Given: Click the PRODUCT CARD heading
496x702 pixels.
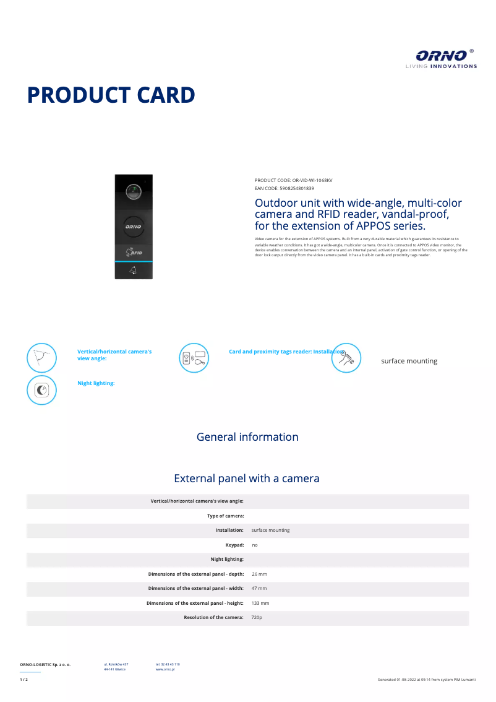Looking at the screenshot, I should (111, 95).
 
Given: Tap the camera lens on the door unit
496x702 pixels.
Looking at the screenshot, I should (133, 191).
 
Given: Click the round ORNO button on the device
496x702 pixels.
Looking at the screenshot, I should (133, 227).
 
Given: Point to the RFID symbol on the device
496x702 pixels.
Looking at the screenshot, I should (134, 252).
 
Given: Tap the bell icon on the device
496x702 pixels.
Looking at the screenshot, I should (134, 271).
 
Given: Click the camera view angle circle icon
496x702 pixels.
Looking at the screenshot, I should (41, 358).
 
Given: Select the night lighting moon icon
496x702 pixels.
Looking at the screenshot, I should (41, 390).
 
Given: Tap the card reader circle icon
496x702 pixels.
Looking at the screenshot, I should (194, 358).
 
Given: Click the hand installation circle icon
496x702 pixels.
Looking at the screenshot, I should (346, 358).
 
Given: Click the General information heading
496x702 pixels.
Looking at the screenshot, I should (247, 437).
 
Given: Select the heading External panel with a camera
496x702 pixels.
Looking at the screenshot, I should (247, 479).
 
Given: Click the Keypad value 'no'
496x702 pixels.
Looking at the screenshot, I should (255, 545).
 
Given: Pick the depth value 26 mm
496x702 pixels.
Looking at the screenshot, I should (259, 574).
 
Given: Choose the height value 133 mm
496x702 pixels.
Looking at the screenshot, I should (260, 603).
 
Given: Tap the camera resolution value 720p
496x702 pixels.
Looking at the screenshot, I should (257, 618).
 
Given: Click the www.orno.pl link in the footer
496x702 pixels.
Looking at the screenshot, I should (165, 670).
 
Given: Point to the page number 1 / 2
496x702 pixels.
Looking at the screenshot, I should (24, 680).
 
